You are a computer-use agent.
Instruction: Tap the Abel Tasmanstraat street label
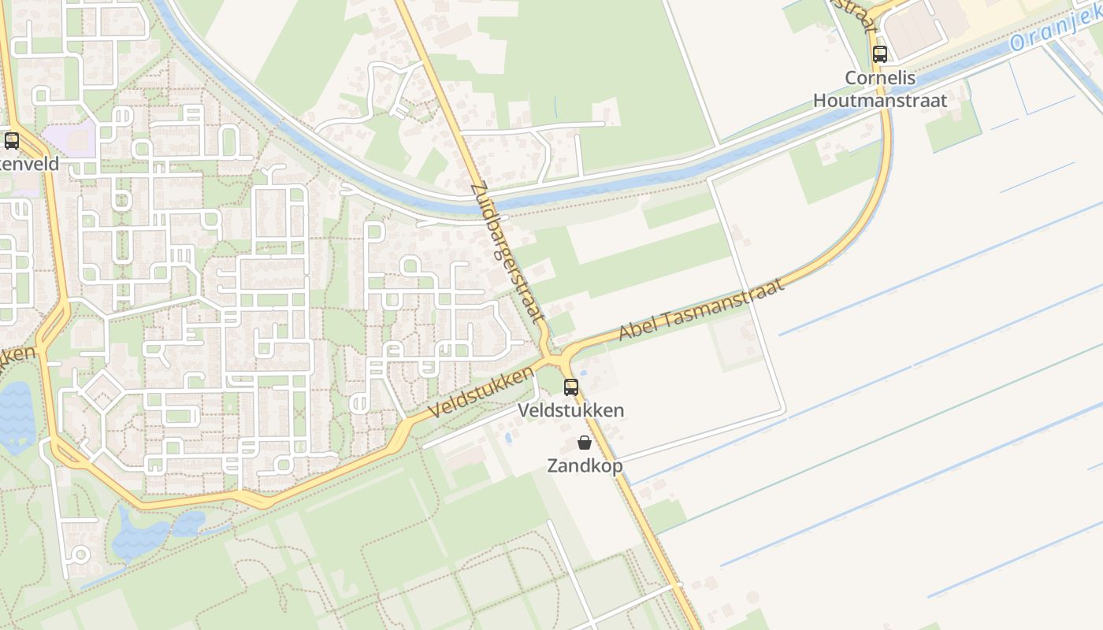pos(701,309)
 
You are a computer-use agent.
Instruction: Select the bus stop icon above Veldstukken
pos(571,387)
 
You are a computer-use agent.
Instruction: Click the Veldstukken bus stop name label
pos(571,410)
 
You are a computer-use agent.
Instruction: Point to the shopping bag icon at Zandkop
pos(585,443)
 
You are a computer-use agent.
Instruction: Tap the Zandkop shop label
pos(585,465)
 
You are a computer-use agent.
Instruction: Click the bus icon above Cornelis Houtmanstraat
pos(880,54)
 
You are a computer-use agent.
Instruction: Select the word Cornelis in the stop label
pos(880,78)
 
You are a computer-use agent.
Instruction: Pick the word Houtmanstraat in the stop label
pos(880,100)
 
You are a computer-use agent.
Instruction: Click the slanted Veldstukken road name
pos(483,392)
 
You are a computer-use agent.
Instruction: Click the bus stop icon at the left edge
pos(11,141)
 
